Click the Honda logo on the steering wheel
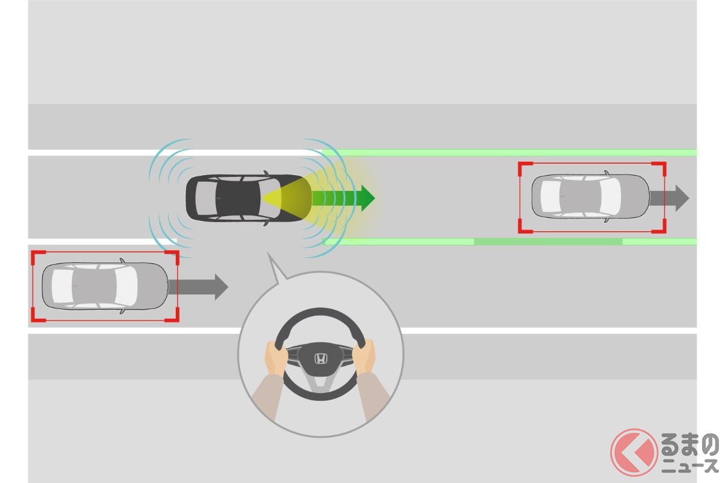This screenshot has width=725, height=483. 320,359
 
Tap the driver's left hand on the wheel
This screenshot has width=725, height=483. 276,358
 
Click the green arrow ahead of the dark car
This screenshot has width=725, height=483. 343,198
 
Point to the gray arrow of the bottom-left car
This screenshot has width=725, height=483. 198,287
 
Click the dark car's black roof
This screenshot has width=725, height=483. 238,197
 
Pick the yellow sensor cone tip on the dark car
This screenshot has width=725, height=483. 263,198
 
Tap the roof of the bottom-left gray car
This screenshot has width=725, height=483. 94,286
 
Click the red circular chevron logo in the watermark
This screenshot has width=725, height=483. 634,452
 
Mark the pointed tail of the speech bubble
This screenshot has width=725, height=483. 268,254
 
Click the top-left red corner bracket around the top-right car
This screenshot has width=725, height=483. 525,168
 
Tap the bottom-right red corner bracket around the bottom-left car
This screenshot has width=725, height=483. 173,315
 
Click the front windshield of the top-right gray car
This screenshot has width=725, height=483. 610,197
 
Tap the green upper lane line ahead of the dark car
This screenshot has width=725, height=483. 509,152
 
